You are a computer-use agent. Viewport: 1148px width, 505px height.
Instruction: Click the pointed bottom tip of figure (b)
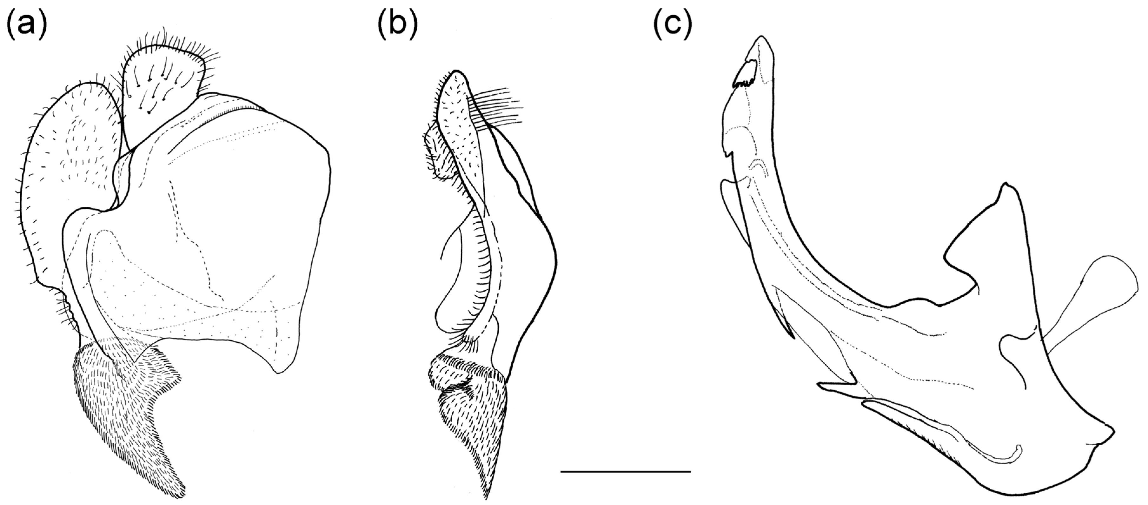point(486,498)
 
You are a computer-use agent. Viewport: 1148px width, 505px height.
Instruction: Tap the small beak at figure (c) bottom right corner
point(1111,435)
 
